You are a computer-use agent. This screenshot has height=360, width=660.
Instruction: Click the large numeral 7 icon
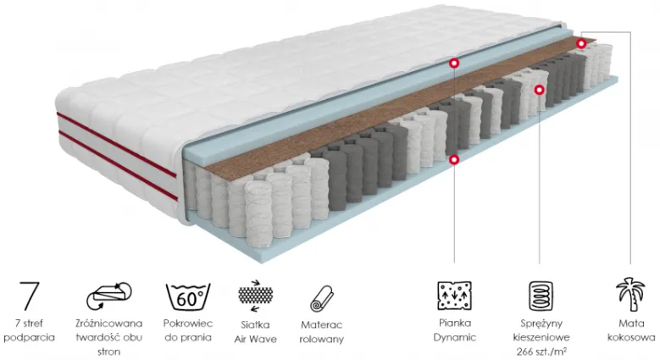(x=30, y=296)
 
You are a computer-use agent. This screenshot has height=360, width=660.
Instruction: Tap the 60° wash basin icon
(x=188, y=296)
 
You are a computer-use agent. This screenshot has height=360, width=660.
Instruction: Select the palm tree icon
(x=630, y=294)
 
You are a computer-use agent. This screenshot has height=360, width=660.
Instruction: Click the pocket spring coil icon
(x=541, y=296)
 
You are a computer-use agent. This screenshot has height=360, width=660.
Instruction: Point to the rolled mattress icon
(x=322, y=298)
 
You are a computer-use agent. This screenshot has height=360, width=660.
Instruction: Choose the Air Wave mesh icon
(x=256, y=296)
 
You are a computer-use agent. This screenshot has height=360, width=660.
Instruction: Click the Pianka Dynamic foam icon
(x=455, y=296)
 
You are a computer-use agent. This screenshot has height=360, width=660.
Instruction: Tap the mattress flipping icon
(x=109, y=296)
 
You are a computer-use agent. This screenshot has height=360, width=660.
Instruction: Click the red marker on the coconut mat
(x=581, y=43)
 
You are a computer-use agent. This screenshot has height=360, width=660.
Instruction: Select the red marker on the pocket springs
(x=539, y=90)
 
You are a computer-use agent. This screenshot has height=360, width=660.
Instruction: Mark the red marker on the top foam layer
(x=454, y=64)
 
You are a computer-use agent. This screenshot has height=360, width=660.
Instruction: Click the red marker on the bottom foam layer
(x=454, y=159)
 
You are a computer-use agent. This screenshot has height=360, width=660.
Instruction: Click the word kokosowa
(x=631, y=337)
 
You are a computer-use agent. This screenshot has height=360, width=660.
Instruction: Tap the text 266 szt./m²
(x=541, y=352)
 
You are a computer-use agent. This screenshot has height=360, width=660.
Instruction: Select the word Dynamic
(x=455, y=338)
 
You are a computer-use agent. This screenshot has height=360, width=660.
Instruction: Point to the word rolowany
(x=322, y=340)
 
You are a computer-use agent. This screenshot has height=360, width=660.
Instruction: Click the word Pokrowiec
(x=188, y=324)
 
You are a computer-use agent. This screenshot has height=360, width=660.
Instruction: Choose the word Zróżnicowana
(x=109, y=324)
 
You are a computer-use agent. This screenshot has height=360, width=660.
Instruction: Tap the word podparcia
(x=29, y=338)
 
